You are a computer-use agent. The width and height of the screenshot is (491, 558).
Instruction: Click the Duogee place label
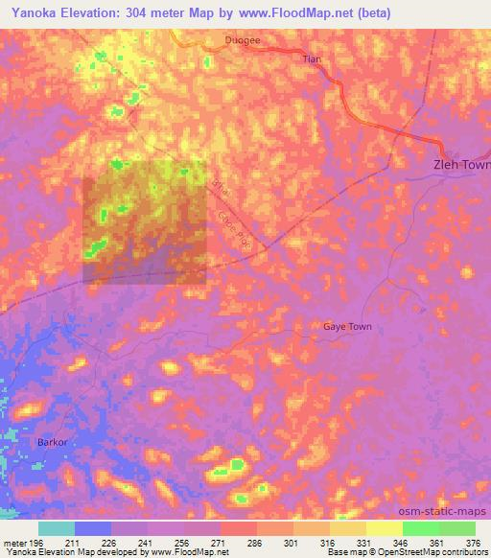[x=241, y=40]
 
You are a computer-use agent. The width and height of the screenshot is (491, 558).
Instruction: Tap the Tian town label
[x=311, y=59]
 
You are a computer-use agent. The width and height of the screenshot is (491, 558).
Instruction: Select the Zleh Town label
[x=456, y=165]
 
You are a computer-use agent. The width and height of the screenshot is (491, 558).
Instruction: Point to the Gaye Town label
[x=346, y=327]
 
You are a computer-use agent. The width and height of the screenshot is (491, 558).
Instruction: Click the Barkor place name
[x=52, y=443]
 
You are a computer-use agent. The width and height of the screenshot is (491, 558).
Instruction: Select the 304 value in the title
[x=141, y=12]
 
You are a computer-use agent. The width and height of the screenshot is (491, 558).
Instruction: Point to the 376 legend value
[x=473, y=543]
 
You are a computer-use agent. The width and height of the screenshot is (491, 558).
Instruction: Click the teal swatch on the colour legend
[x=57, y=528]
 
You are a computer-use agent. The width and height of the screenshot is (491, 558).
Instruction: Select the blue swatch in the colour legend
[x=93, y=528]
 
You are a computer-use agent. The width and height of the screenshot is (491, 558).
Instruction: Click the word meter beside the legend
[x=14, y=543]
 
